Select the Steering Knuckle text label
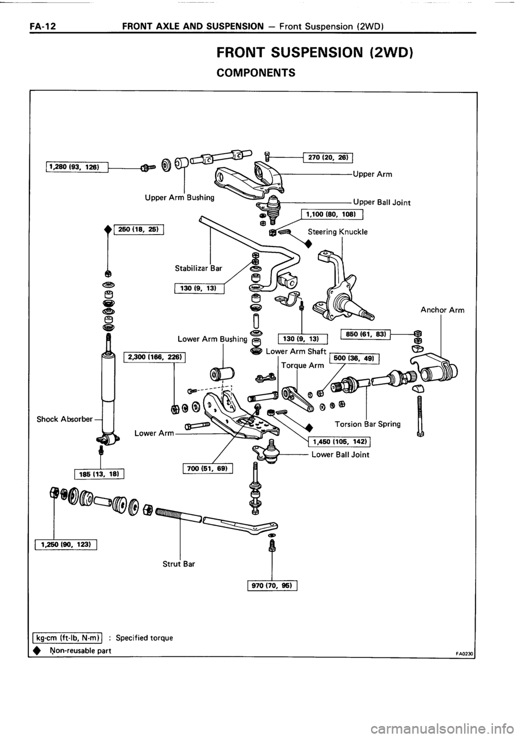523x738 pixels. coord(338,231)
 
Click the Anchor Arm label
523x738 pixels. coord(442,311)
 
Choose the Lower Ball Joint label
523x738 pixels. coord(340,454)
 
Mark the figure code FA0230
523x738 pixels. coord(464,651)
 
